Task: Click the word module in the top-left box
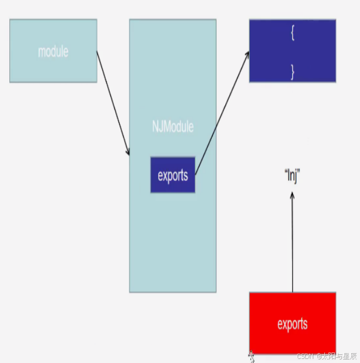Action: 53,51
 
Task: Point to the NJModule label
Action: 172,126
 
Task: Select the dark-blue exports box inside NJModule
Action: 173,175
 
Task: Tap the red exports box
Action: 292,323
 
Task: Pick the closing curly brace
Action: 292,71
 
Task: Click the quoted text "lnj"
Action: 292,174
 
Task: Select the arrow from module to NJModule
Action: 113,103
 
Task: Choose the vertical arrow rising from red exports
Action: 292,245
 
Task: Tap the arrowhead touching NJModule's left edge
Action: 128,152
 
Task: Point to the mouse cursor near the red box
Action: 252,355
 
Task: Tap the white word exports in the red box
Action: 292,324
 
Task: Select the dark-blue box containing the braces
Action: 292,51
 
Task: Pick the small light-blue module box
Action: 53,51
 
